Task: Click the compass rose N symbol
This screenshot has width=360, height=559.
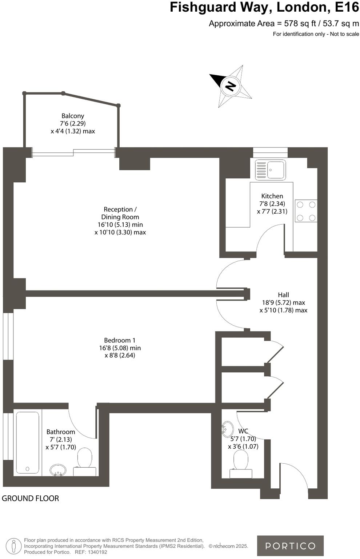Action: pyautogui.click(x=231, y=86)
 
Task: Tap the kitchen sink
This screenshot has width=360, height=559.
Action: pyautogui.click(x=270, y=170)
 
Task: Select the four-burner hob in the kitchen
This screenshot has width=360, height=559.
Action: pyautogui.click(x=306, y=211)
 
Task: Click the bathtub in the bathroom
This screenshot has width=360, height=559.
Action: pyautogui.click(x=28, y=442)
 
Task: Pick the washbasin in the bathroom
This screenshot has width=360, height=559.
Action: pyautogui.click(x=58, y=469)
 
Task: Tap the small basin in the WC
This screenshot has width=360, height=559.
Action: pyautogui.click(x=228, y=428)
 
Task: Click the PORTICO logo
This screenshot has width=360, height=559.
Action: pyautogui.click(x=290, y=546)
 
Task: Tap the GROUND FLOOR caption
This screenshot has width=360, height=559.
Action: pyautogui.click(x=30, y=498)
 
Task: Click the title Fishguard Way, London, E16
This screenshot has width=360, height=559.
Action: pyautogui.click(x=264, y=7)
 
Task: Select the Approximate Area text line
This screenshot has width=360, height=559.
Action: pyautogui.click(x=284, y=24)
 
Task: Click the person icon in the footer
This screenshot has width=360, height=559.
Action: pyautogui.click(x=14, y=546)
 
